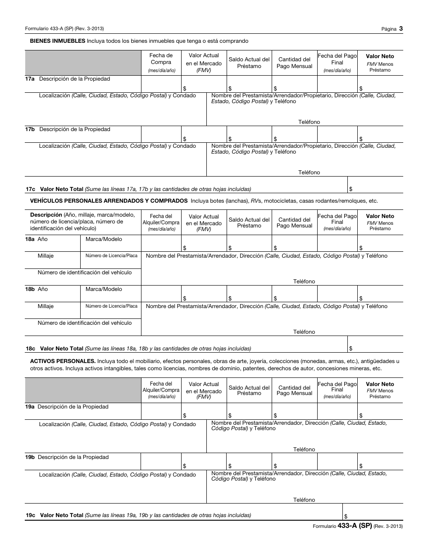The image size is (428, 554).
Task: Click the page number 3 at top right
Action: click(x=401, y=28)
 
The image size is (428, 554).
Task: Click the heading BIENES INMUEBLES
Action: click(x=58, y=41)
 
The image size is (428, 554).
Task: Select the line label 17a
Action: click(x=30, y=79)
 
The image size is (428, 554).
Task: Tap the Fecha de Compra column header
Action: click(x=161, y=63)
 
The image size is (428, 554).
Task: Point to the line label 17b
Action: click(x=30, y=129)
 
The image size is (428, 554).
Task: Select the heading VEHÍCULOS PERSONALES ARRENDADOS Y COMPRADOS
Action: click(x=109, y=201)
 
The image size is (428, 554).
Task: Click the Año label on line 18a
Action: click(x=42, y=239)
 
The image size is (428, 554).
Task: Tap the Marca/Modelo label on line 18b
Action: click(x=104, y=289)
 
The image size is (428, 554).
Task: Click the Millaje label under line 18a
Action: click(x=46, y=256)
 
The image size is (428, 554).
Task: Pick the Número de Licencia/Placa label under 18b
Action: click(x=111, y=306)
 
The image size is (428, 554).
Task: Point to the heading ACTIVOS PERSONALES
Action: click(x=63, y=361)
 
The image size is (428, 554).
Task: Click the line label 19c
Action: click(x=30, y=515)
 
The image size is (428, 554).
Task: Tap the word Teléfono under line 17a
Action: click(x=309, y=122)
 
